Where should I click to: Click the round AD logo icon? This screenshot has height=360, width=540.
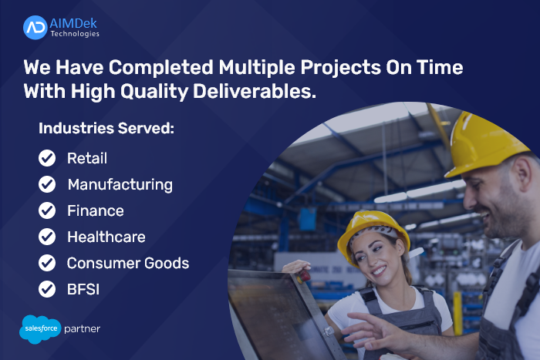tap(35, 28)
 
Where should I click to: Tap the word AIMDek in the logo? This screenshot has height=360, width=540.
tap(73, 23)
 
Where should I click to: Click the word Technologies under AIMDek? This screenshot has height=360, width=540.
tap(75, 34)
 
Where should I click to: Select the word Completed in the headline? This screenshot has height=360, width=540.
tap(160, 67)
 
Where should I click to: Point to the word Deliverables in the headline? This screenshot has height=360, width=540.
tap(254, 92)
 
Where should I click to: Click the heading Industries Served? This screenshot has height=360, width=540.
tap(106, 129)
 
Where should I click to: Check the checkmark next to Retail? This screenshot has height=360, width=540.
tap(47, 158)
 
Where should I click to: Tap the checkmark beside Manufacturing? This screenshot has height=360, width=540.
tap(47, 184)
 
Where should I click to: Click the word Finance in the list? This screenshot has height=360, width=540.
tap(96, 210)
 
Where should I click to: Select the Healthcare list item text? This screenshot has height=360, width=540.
tap(106, 237)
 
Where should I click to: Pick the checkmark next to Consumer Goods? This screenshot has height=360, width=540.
tap(47, 263)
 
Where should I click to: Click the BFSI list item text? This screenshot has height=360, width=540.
tap(83, 289)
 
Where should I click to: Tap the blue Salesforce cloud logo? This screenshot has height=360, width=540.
tap(40, 329)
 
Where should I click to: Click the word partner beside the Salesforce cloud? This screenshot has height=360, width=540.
tap(83, 329)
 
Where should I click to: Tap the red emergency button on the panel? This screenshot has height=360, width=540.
tap(304, 276)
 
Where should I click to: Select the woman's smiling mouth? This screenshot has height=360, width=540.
tap(380, 271)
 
